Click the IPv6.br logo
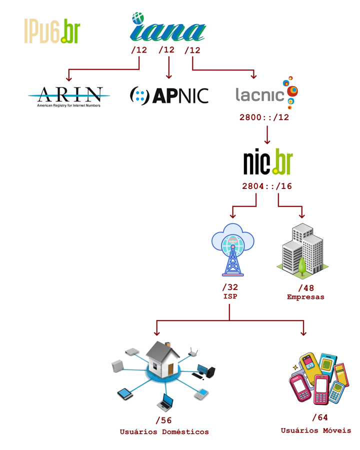pyautogui.click(x=52, y=31)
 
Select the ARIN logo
pyautogui.click(x=68, y=96)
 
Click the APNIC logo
pyautogui.click(x=169, y=94)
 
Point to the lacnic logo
pyautogui.click(x=266, y=93)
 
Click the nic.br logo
pyautogui.click(x=267, y=161)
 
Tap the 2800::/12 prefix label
pyautogui.click(x=264, y=117)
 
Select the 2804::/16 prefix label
pyautogui.click(x=267, y=186)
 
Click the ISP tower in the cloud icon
pyautogui.click(x=232, y=248)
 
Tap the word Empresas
pyautogui.click(x=305, y=297)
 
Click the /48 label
pyautogui.click(x=305, y=288)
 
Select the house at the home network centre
pyautogui.click(x=163, y=360)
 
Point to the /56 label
pyautogui.click(x=163, y=420)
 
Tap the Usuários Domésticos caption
pyautogui.click(x=164, y=431)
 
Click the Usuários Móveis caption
pyautogui.click(x=315, y=430)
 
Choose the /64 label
pyautogui.click(x=320, y=418)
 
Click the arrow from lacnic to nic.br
pyautogui.click(x=267, y=135)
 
